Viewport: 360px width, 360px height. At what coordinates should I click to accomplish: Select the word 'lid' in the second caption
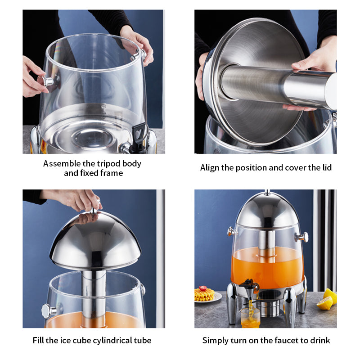[x=327, y=167]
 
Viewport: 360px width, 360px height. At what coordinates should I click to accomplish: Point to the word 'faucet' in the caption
[x=287, y=341]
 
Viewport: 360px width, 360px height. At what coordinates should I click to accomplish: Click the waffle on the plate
[x=204, y=295]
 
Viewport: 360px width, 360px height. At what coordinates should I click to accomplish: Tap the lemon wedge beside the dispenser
[x=324, y=303]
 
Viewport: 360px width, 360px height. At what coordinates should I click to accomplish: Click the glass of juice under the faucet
[x=250, y=318]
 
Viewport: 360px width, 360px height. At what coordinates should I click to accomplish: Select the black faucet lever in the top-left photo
[x=139, y=134]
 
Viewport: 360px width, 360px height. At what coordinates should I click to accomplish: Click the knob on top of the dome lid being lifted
[x=94, y=210]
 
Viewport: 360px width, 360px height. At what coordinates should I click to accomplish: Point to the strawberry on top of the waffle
[x=203, y=288]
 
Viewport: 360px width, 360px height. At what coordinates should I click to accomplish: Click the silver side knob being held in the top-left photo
[x=46, y=81]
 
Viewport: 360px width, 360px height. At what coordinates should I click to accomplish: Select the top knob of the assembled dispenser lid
[x=267, y=192]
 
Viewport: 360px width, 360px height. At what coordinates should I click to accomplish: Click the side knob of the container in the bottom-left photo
[x=49, y=311]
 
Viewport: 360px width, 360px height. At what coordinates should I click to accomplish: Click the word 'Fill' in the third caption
[x=38, y=341]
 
